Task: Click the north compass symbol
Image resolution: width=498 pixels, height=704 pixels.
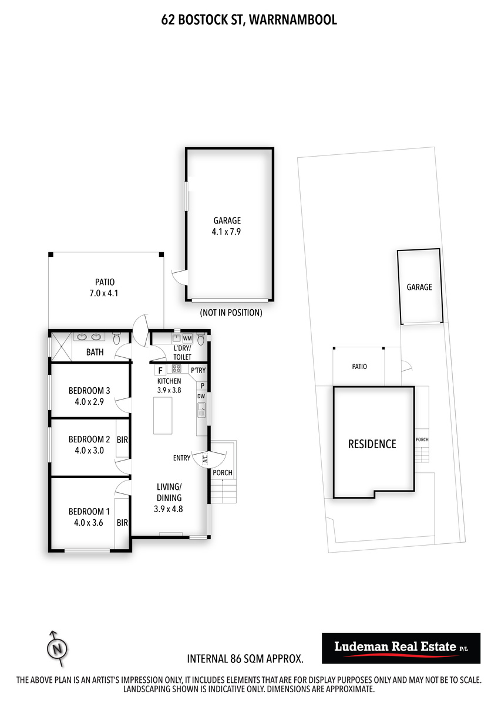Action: tap(57, 648)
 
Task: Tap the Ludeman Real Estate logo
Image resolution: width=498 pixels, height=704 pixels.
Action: tap(401, 648)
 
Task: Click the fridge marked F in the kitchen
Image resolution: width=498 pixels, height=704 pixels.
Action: tap(160, 371)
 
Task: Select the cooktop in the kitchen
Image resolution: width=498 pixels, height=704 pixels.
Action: tap(177, 368)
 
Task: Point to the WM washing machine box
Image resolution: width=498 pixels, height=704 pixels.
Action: tap(187, 339)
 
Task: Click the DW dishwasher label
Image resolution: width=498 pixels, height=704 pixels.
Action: tap(201, 397)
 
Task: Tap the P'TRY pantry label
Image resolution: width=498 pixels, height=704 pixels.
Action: tap(198, 370)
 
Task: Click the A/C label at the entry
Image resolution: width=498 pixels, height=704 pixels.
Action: tap(205, 459)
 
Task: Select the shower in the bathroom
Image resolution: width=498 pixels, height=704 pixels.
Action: tap(61, 347)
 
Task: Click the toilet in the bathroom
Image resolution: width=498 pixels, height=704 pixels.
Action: tap(117, 339)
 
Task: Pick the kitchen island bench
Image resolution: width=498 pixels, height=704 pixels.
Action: tap(163, 415)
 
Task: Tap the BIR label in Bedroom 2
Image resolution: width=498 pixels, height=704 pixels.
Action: tap(122, 439)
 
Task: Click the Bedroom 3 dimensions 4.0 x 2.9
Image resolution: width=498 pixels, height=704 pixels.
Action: tap(89, 402)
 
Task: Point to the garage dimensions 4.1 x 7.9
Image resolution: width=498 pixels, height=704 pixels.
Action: tap(226, 232)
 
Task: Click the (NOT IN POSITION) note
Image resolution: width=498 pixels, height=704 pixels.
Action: tap(231, 313)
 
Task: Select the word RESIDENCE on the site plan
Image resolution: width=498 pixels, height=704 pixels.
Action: tap(372, 444)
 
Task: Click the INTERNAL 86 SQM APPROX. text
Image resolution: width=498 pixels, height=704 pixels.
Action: tap(245, 659)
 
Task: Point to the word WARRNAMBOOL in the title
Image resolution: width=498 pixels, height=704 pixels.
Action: tap(293, 19)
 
